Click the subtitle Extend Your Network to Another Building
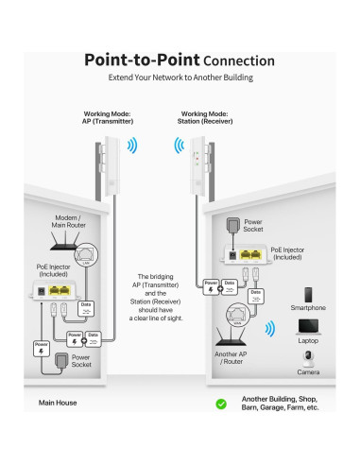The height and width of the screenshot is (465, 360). click(x=179, y=77)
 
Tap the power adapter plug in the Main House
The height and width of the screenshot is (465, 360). click(x=61, y=360)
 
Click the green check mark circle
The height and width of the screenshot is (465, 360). click(x=221, y=403)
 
